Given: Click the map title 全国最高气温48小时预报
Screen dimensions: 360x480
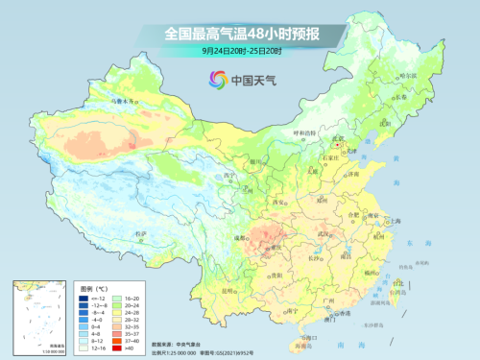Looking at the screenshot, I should [x=239, y=33].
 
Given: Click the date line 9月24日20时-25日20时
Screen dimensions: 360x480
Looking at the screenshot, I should [x=239, y=50].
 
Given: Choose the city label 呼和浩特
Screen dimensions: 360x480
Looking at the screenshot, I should [x=303, y=133].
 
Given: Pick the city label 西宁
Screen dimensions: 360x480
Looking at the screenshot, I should [x=228, y=176].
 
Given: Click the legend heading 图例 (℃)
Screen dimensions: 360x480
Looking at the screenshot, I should [x=94, y=288].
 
